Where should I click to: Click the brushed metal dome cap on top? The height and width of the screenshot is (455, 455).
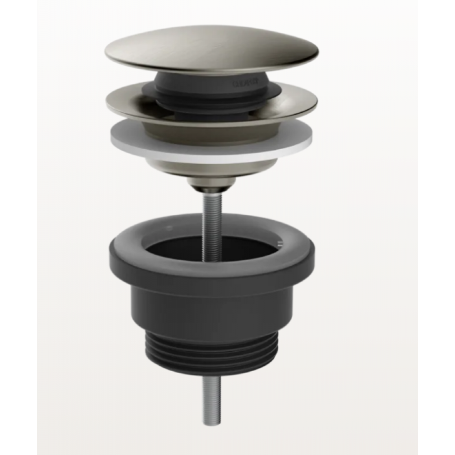(x=212, y=48)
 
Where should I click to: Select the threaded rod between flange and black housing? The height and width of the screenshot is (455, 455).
(x=212, y=205)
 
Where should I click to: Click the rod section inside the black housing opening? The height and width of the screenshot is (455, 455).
(x=212, y=246)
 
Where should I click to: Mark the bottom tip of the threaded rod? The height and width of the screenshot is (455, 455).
(x=212, y=422)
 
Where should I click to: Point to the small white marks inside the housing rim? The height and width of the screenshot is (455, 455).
(x=280, y=243)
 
